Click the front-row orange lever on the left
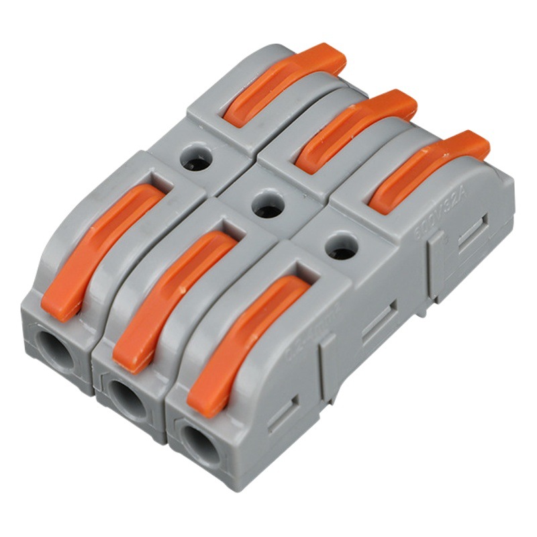(x=101, y=248)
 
